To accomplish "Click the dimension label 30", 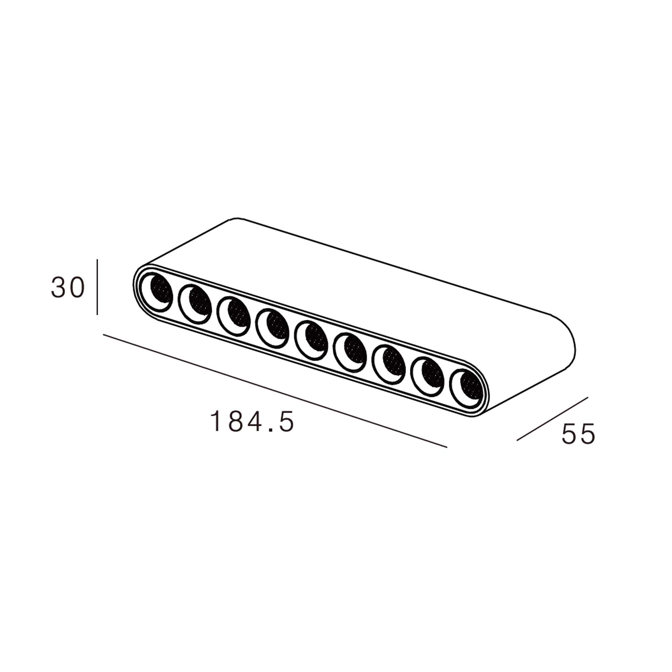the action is pos(68,288).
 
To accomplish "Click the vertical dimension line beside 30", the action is pos(97,287).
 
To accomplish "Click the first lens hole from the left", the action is pos(156,292).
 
